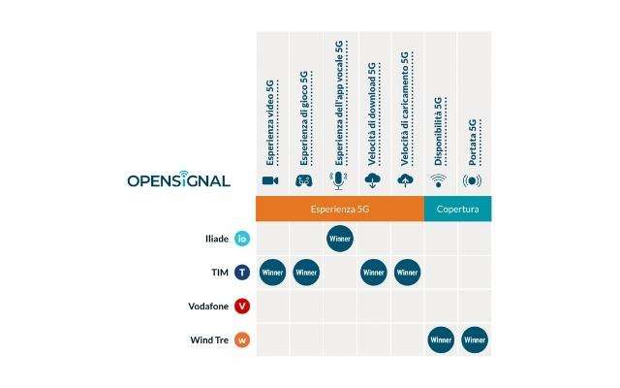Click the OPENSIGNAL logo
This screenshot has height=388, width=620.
click(178, 180)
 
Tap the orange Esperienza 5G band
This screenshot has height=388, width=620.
click(339, 209)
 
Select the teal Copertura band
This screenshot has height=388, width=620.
click(457, 209)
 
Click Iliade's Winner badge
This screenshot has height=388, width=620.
click(340, 239)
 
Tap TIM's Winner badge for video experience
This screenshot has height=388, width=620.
click(272, 273)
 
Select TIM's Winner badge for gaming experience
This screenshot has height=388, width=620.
click(306, 273)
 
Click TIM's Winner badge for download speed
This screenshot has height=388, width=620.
click(373, 273)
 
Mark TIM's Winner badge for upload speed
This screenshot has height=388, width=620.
click(407, 273)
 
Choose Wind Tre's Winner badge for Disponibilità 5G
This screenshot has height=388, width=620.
click(441, 340)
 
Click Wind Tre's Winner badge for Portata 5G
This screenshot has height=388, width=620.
click(474, 340)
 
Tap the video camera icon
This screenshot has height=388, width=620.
click(270, 180)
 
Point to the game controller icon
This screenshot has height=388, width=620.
click(304, 180)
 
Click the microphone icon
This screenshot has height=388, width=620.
click(338, 180)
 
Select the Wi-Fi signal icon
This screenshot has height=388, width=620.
click(439, 180)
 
